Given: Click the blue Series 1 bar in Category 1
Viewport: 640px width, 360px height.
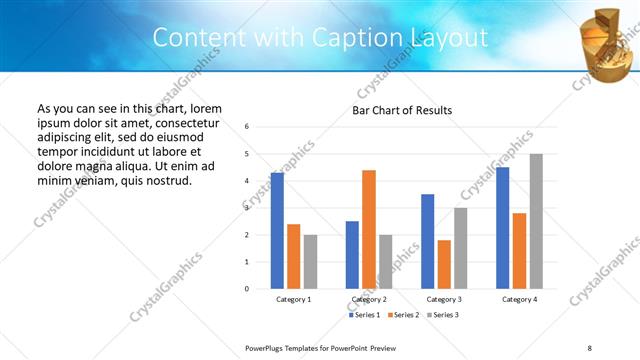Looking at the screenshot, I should pyautogui.click(x=277, y=231).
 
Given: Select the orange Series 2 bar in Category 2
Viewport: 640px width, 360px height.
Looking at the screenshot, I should pyautogui.click(x=369, y=229).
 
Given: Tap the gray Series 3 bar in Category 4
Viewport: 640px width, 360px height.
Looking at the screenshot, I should pyautogui.click(x=536, y=221).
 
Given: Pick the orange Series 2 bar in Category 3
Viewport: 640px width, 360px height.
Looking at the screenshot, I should pyautogui.click(x=444, y=264).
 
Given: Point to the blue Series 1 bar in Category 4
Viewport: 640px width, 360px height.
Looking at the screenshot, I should pyautogui.click(x=503, y=228).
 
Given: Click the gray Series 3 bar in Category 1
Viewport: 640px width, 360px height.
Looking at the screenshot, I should pyautogui.click(x=311, y=262).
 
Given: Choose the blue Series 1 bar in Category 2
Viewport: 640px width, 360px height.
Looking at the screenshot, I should pyautogui.click(x=352, y=255).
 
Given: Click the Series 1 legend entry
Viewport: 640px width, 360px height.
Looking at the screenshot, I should pyautogui.click(x=364, y=315).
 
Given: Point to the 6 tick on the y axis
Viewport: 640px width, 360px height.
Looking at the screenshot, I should pyautogui.click(x=247, y=127).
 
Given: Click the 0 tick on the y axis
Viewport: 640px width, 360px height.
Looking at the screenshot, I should pyautogui.click(x=247, y=289).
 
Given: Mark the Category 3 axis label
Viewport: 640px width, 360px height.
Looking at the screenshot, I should pyautogui.click(x=444, y=299).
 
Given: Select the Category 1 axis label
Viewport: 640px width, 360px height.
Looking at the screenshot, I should pyautogui.click(x=294, y=299).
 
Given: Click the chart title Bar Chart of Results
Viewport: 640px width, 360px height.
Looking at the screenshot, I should pyautogui.click(x=402, y=109).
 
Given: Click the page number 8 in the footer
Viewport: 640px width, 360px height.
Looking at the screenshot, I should pyautogui.click(x=590, y=347).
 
